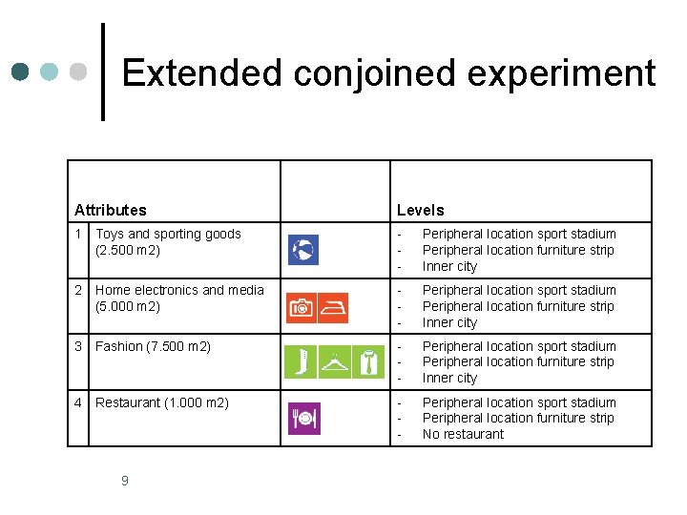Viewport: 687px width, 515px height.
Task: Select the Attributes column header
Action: (x=111, y=210)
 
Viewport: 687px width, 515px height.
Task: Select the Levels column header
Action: (x=421, y=210)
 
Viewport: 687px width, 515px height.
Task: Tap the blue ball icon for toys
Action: (x=303, y=250)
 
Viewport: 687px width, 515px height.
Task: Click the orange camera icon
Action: (x=302, y=307)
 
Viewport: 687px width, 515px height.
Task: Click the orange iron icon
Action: (x=333, y=307)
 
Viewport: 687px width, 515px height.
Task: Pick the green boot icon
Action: (x=301, y=362)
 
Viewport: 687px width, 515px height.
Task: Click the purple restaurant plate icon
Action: (x=303, y=419)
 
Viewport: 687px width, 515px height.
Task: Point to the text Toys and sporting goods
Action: (x=168, y=234)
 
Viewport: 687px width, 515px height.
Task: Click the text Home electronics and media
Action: (x=179, y=290)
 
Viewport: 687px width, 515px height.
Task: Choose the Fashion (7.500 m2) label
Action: (x=153, y=346)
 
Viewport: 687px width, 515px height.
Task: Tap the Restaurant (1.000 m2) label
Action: (x=162, y=402)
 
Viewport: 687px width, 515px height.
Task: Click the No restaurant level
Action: (x=463, y=434)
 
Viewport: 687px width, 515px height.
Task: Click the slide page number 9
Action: (x=125, y=481)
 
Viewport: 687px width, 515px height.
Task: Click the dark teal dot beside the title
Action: (x=20, y=72)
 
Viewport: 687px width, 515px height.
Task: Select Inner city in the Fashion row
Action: (x=449, y=378)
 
